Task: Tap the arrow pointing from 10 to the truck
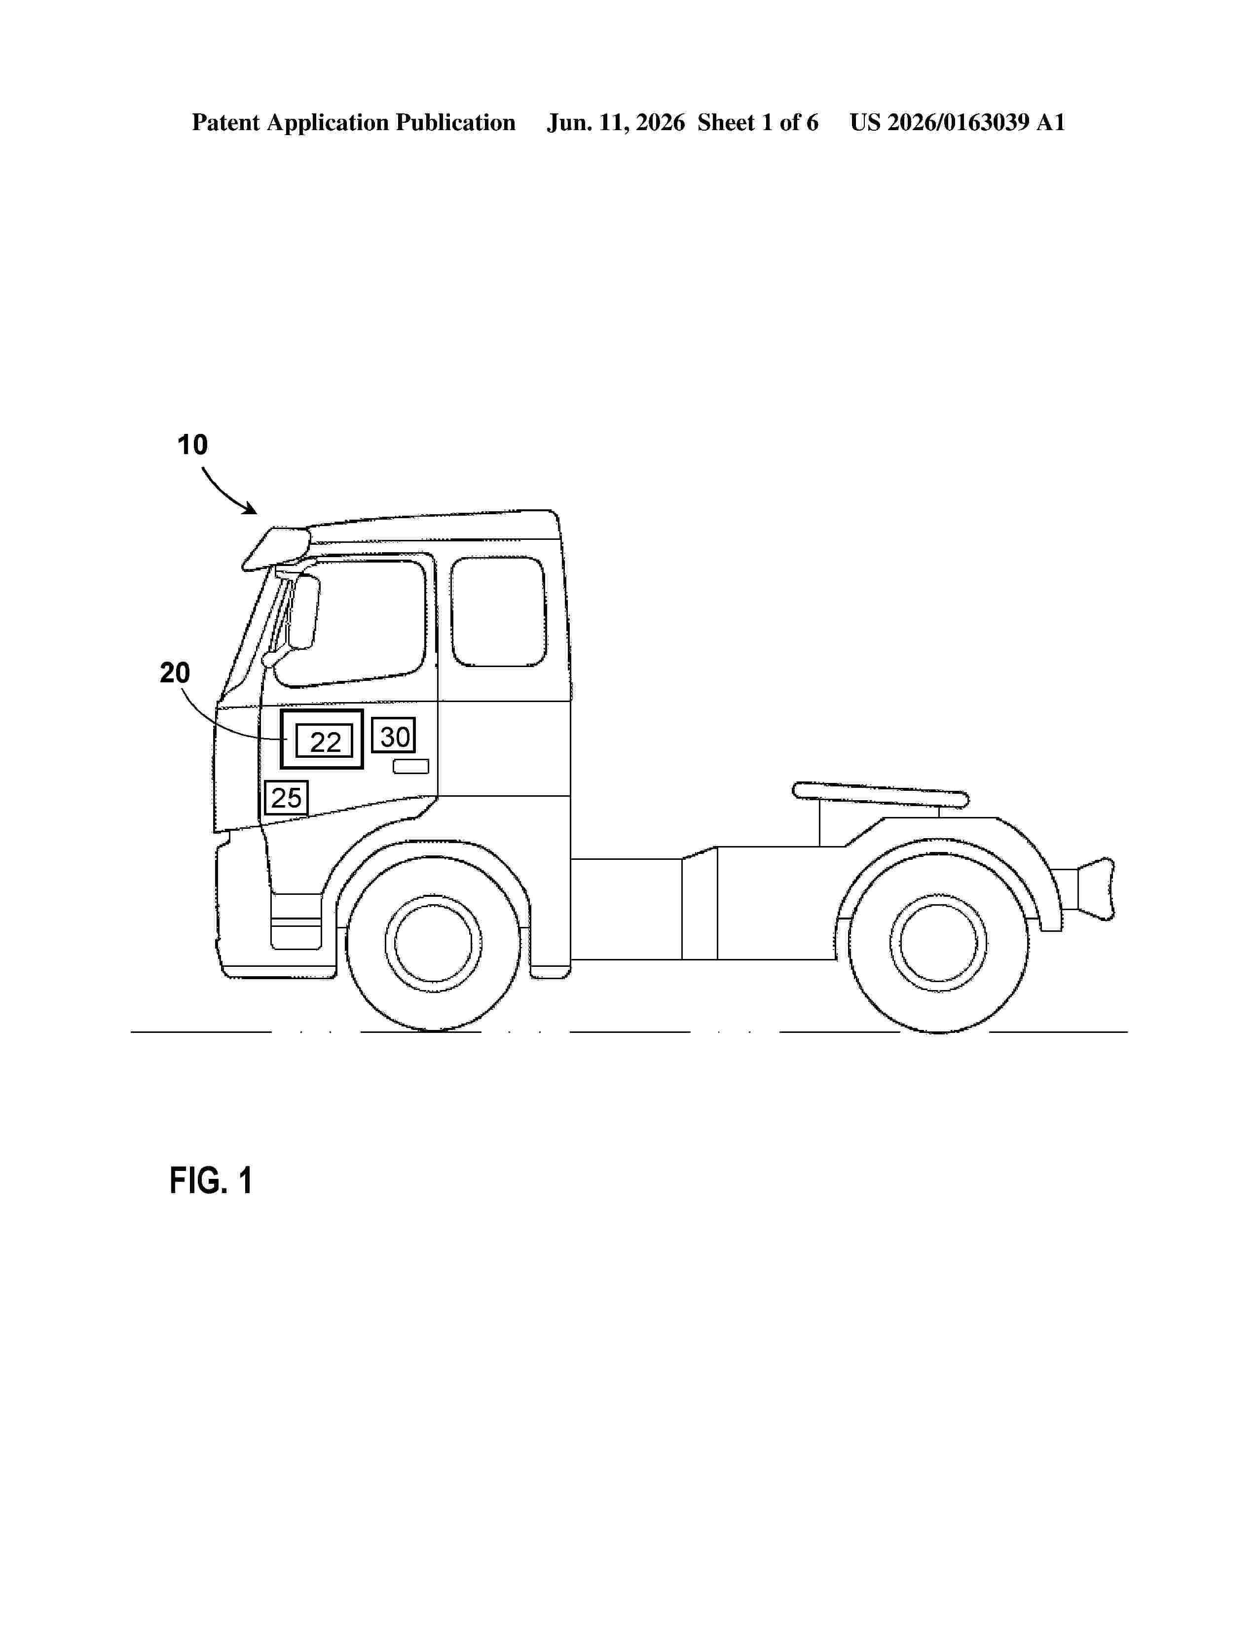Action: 226,493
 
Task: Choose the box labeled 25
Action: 286,798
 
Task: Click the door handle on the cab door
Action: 410,766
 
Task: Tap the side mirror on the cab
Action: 304,611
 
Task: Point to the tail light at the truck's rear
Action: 1096,888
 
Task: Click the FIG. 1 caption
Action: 211,1181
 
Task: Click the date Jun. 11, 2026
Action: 616,122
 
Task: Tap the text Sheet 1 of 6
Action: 757,122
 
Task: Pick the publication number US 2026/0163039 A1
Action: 957,122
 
